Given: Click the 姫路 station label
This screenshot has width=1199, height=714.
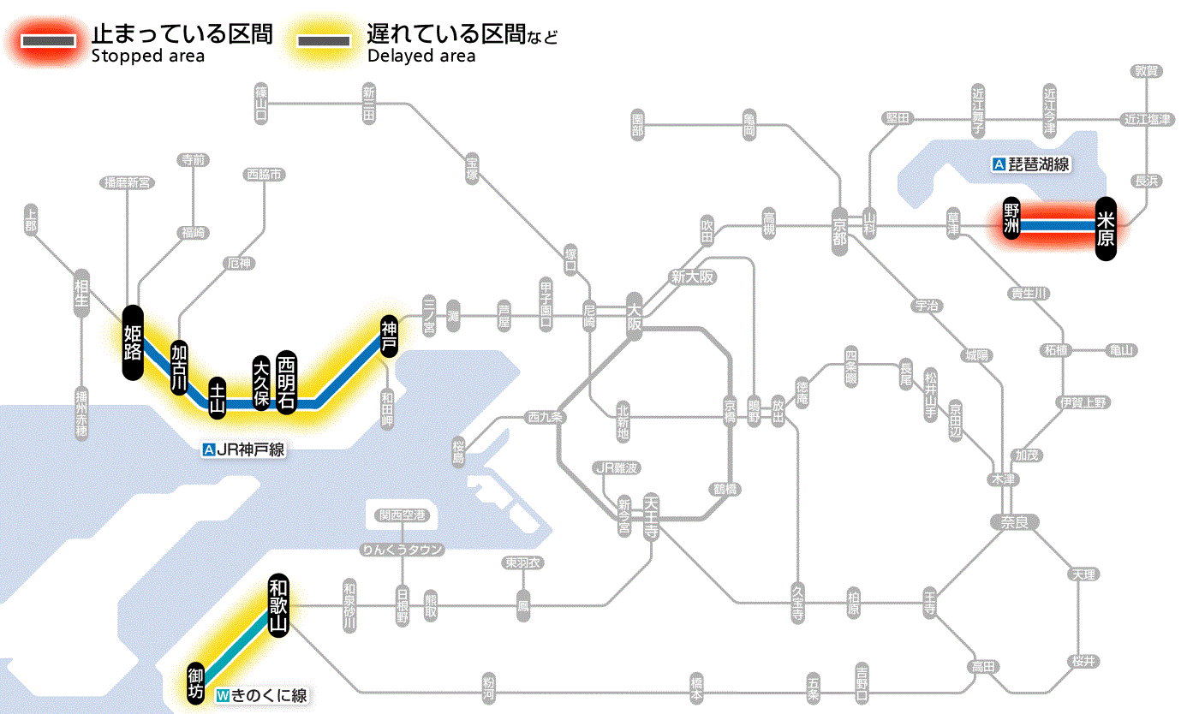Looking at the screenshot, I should pos(133,342).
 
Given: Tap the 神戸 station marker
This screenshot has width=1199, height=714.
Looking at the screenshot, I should pos(389,335).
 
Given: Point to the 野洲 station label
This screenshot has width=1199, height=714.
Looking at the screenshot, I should pos(1012,219).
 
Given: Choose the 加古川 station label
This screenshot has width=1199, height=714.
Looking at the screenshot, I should pos(179,367).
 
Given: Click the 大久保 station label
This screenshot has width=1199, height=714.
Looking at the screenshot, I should pos(261,381).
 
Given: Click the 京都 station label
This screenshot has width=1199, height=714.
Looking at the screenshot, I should pos(839,227).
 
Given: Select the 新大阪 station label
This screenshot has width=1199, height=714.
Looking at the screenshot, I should pos(692,277).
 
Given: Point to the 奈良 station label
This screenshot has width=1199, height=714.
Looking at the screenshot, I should pos(1013,521).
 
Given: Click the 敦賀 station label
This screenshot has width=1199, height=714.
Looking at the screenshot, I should pos(1145,71).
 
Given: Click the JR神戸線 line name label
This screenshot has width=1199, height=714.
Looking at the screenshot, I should pos(243,449).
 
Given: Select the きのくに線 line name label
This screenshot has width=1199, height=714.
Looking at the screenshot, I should pos(261,696).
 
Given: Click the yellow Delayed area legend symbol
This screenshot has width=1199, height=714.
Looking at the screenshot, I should pos(323,40).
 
